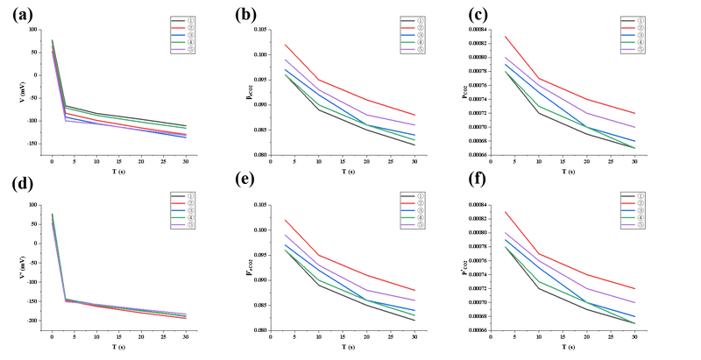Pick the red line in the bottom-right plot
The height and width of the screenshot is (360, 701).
pos(587,273)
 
